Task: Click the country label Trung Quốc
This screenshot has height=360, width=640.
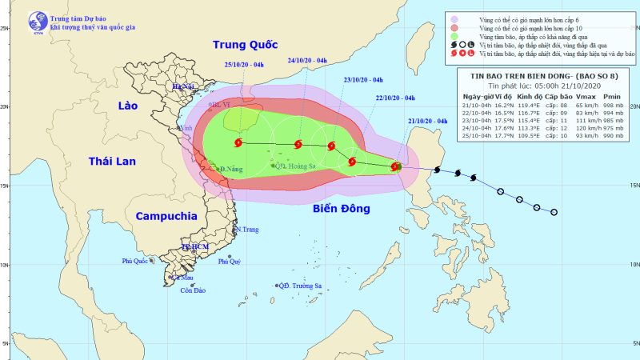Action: pyautogui.click(x=243, y=44)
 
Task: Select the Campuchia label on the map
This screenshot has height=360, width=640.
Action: pyautogui.click(x=166, y=216)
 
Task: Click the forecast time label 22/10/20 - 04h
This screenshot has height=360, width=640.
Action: pyautogui.click(x=394, y=98)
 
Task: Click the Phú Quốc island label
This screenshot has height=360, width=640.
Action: pyautogui.click(x=137, y=261)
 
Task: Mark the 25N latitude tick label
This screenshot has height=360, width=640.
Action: pyautogui.click(x=5, y=29)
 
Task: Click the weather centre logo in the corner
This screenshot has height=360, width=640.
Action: pyautogui.click(x=34, y=21)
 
